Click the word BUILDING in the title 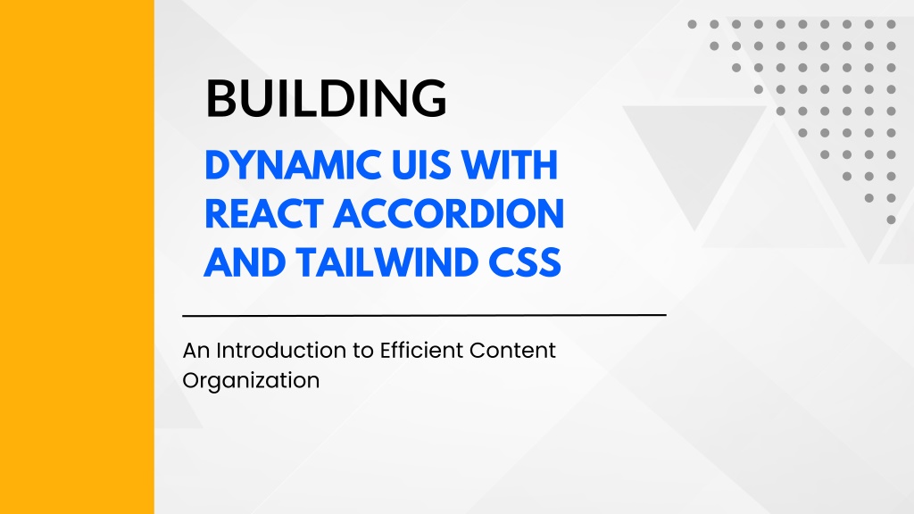click(x=327, y=98)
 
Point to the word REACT click(x=264, y=213)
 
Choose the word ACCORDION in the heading click(x=449, y=213)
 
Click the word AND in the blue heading click(x=245, y=262)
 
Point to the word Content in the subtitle click(x=512, y=350)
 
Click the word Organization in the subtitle click(x=251, y=381)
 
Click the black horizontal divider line click(x=424, y=315)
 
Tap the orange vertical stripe click(x=77, y=257)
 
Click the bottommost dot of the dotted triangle click(x=891, y=220)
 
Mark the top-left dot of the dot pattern click(x=692, y=24)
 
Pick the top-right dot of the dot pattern click(x=891, y=24)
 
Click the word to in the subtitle click(x=363, y=351)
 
